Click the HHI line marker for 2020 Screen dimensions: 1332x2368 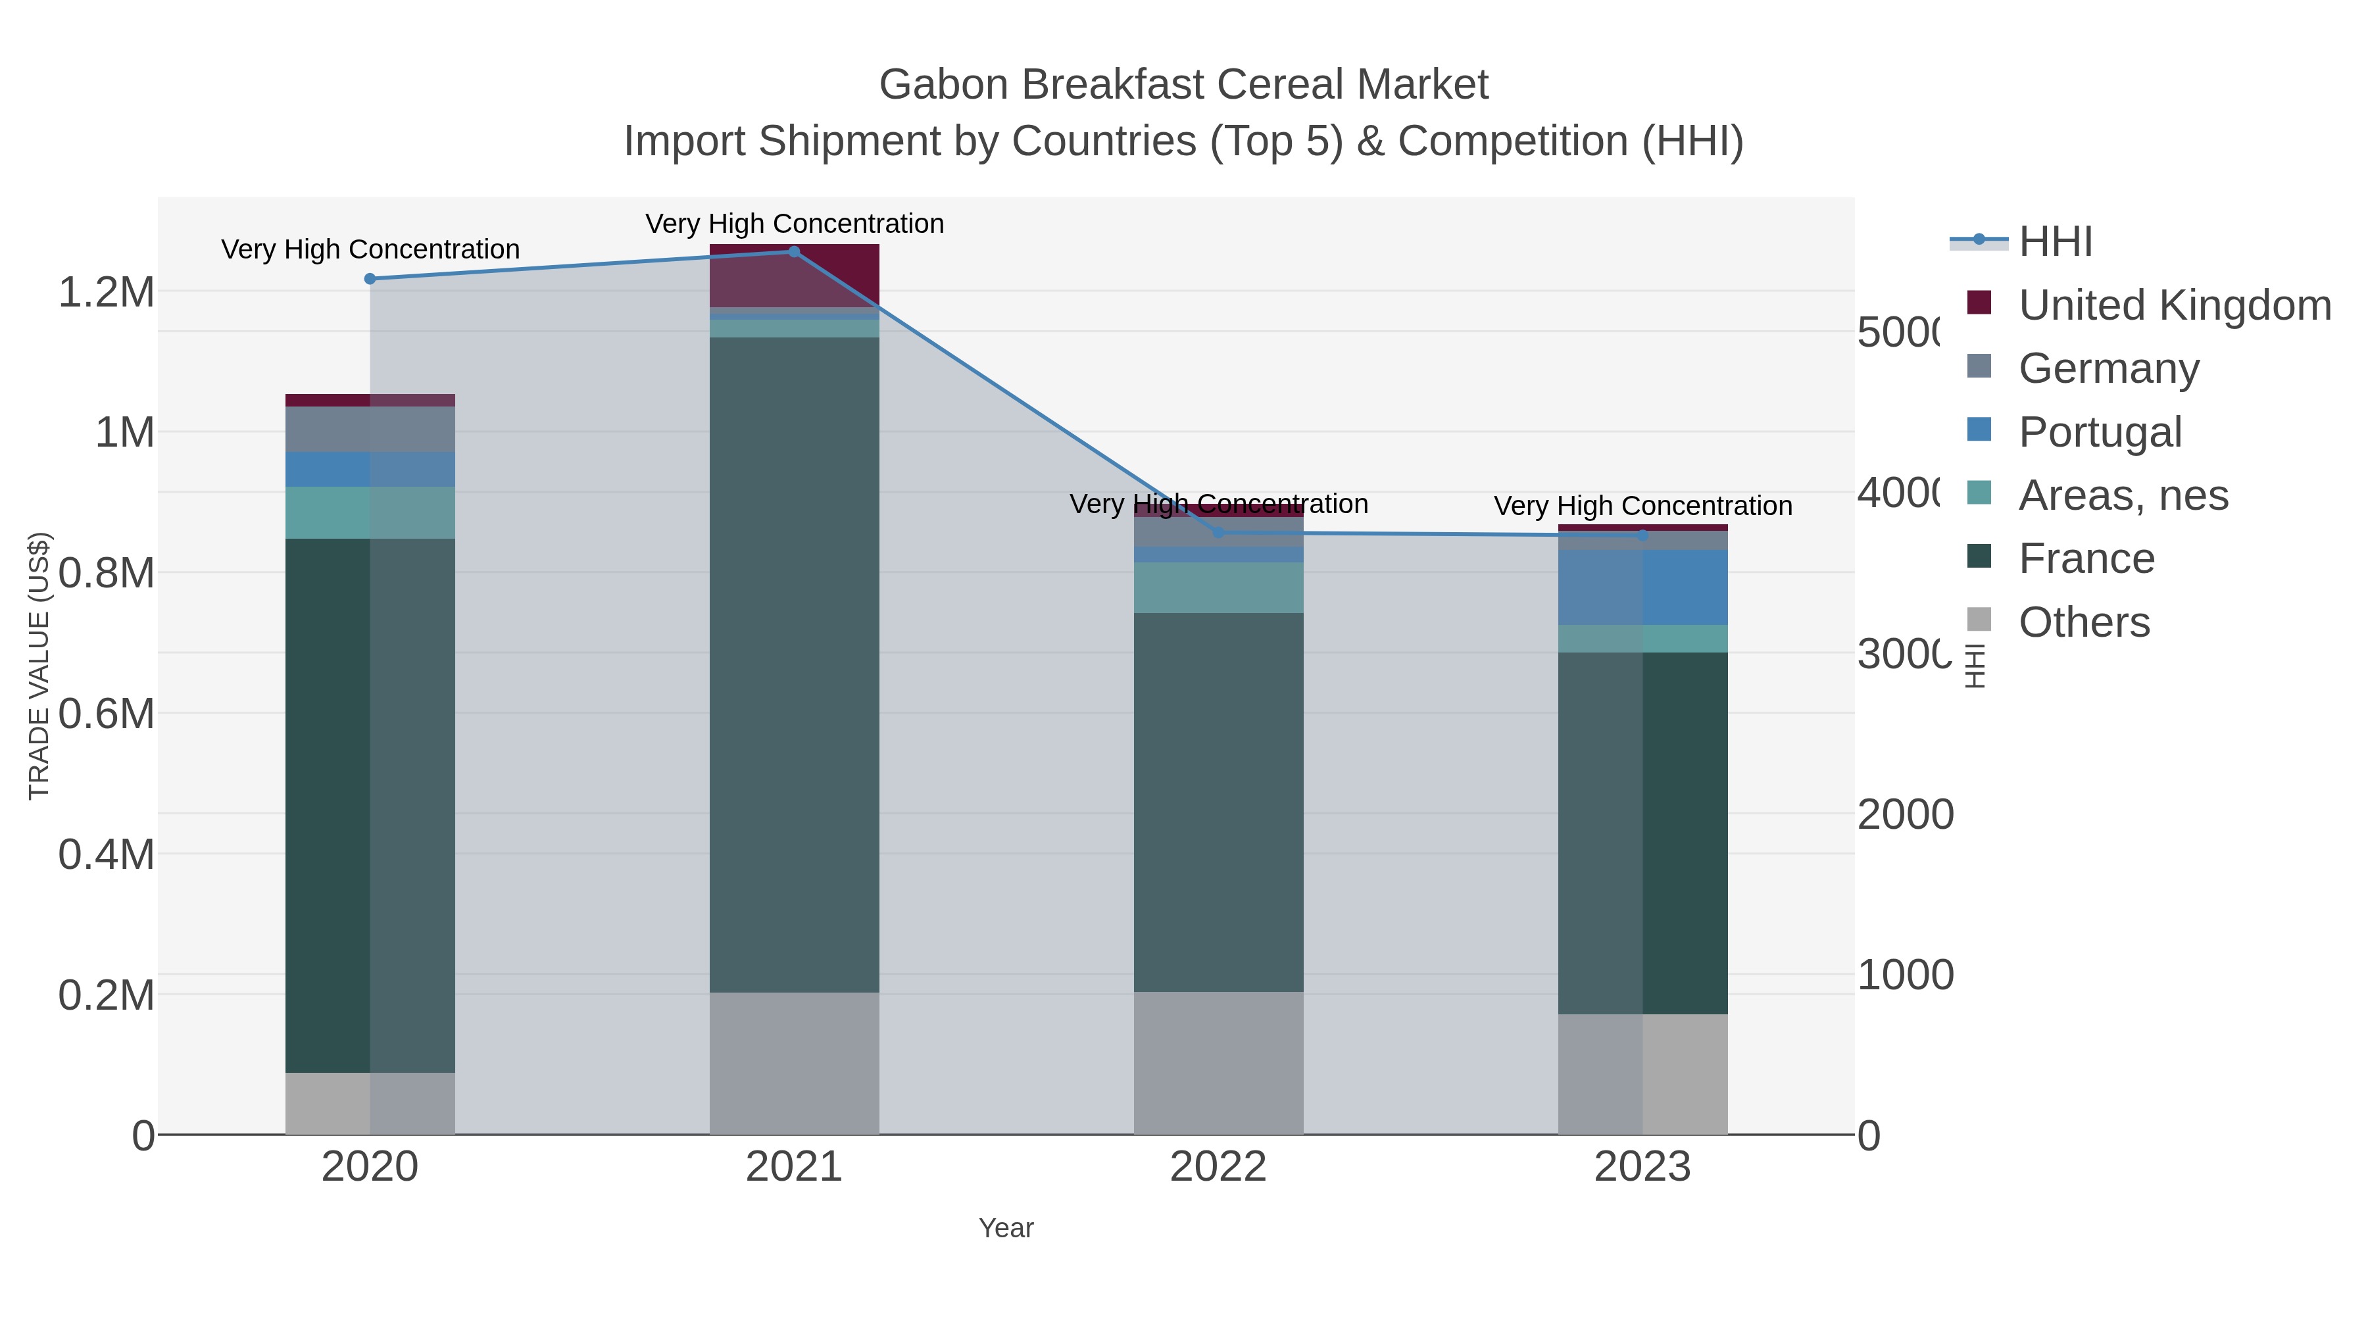click(370, 278)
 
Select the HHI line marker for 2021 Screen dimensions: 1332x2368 click(794, 252)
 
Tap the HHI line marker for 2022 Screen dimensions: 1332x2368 click(1218, 532)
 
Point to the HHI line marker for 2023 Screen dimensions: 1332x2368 click(1642, 535)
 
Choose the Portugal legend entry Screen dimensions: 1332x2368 click(2100, 432)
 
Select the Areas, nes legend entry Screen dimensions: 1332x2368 click(2123, 495)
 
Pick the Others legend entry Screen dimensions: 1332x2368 click(2084, 622)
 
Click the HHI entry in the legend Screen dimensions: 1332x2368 click(2056, 242)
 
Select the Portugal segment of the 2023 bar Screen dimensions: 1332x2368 click(1642, 587)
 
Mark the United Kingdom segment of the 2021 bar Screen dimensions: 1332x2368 click(794, 276)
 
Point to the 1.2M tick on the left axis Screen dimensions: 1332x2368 click(106, 292)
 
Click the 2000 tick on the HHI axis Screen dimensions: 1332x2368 click(1905, 814)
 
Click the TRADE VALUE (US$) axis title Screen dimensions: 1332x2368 click(39, 666)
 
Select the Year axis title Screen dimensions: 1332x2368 click(1006, 1228)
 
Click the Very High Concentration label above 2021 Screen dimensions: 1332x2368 click(794, 224)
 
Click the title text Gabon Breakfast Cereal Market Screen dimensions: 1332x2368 click(1183, 85)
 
